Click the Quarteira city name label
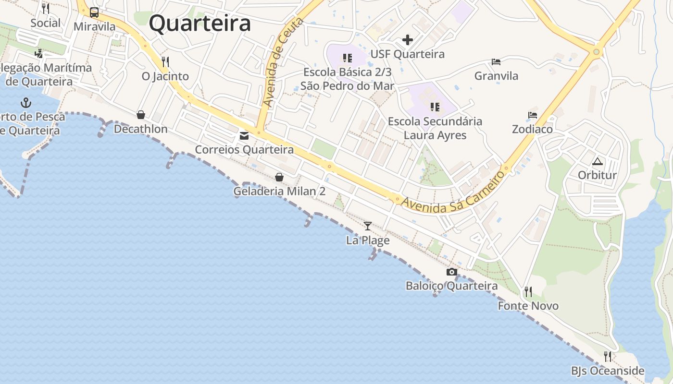pos(199,23)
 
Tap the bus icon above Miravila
pos(94,12)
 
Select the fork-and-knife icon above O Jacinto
pos(165,62)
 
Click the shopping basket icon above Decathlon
pos(141,115)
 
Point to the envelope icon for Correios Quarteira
pos(244,136)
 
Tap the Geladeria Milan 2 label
pos(279,191)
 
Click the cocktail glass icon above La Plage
pos(368,226)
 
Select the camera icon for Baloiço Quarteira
pos(451,272)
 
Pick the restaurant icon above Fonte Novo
pos(528,291)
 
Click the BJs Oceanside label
pos(608,371)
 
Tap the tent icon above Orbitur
pos(597,161)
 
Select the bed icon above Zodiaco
pos(532,115)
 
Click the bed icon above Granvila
pos(496,62)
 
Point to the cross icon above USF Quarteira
pos(408,40)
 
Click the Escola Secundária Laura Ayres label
pos(435,128)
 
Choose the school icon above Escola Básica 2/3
pos(347,59)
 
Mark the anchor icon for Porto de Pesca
pos(26,103)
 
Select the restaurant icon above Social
pos(46,9)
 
